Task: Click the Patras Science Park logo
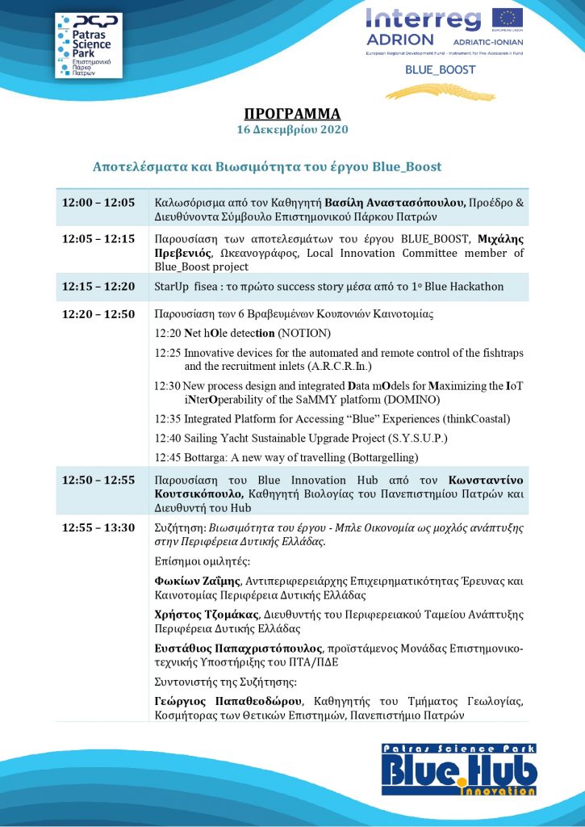(x=88, y=45)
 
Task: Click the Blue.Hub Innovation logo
(x=459, y=770)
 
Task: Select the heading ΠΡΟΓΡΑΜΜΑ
(x=292, y=113)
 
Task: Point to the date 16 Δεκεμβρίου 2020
(x=292, y=129)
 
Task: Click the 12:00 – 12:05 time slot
(x=98, y=202)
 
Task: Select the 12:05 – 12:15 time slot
(x=98, y=240)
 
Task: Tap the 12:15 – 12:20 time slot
(x=98, y=287)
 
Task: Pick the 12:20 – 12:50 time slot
(x=98, y=314)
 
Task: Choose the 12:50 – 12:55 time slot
(x=98, y=480)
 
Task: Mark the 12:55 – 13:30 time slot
(x=98, y=527)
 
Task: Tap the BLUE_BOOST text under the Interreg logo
(x=441, y=69)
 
